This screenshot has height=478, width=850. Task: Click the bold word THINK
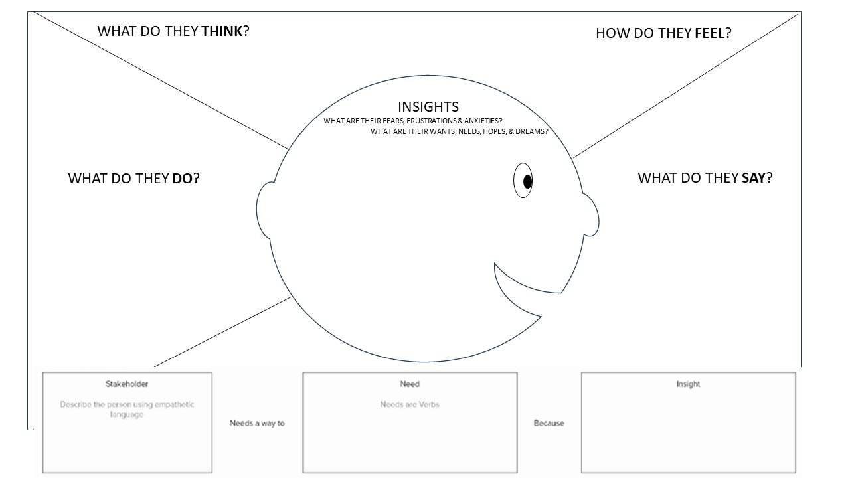(x=222, y=31)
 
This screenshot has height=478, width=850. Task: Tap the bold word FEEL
(x=710, y=33)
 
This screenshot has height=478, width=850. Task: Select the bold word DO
(x=182, y=179)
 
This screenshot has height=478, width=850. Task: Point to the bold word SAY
(x=754, y=177)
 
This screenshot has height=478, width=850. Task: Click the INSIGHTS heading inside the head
(x=428, y=107)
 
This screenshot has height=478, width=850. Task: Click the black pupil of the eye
(x=527, y=182)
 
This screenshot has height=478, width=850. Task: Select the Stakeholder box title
(x=127, y=384)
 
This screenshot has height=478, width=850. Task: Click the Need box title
(x=410, y=384)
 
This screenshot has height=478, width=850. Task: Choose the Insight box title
(x=688, y=384)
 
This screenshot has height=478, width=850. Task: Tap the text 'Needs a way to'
(x=257, y=423)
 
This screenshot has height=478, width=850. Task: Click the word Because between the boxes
(x=549, y=423)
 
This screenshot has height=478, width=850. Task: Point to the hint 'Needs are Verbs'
(x=410, y=404)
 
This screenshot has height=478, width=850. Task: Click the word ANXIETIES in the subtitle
(x=483, y=121)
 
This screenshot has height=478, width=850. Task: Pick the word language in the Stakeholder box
(x=127, y=415)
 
